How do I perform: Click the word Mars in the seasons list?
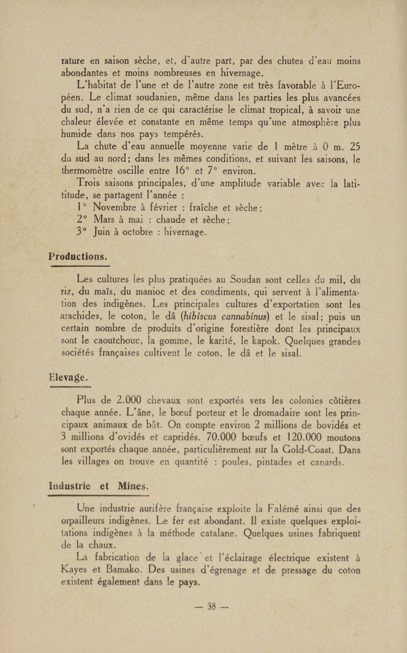104,219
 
